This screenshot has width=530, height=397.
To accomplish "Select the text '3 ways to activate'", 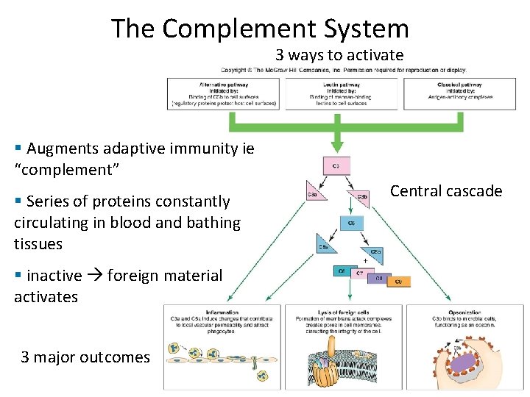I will point(339,55).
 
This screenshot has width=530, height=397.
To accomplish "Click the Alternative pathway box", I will point(223,93).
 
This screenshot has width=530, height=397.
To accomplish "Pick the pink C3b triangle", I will point(361,196).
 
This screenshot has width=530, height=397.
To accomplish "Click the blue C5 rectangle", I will point(350,223).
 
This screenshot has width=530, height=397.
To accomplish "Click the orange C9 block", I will point(398,280).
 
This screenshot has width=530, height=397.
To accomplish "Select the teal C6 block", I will point(342,272).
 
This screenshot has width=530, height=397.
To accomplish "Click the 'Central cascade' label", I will point(445,192).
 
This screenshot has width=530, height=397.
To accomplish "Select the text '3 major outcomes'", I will point(85,358).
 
